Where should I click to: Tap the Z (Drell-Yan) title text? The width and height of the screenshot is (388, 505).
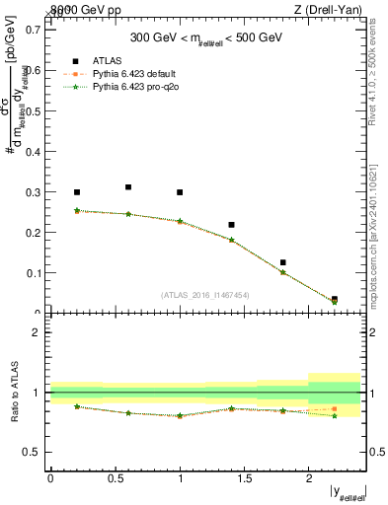335,10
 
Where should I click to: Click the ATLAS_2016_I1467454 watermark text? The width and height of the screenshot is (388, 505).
204,295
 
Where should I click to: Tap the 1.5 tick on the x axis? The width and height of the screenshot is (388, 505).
245,478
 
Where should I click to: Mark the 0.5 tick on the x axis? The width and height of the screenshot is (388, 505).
116,478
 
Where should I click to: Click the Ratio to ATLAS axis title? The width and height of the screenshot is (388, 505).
13,392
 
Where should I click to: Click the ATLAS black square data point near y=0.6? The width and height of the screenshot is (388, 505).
128,187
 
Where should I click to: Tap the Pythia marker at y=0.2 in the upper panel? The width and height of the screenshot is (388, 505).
77,210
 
